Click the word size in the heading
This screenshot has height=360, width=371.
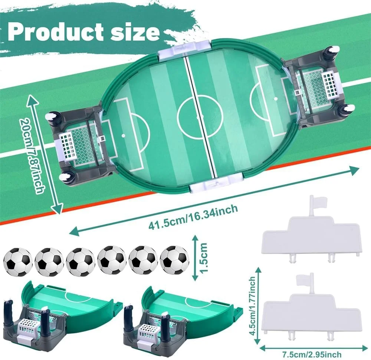pos(137,33)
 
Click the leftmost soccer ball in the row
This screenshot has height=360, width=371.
pos(17,261)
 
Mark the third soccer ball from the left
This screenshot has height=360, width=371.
pos(81,261)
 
